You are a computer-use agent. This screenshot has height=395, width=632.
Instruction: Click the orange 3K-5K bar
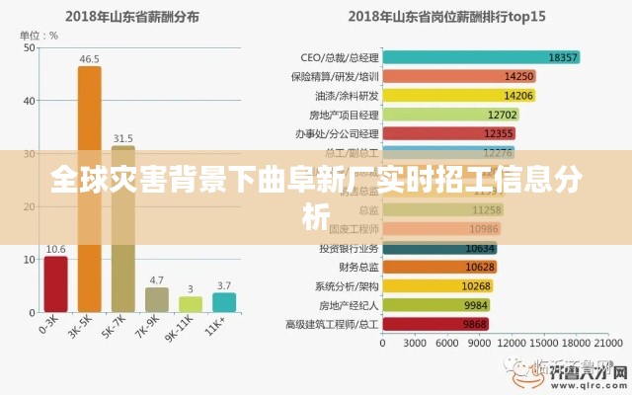tap(89, 188)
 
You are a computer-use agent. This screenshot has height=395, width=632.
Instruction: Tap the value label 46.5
tap(89, 59)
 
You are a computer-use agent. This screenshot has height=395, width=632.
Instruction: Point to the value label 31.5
tap(123, 138)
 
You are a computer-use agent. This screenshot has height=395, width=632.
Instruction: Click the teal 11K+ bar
tap(224, 301)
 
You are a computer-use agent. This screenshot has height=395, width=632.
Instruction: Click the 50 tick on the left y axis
tap(30, 46)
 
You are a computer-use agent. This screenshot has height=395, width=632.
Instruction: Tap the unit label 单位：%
tap(39, 36)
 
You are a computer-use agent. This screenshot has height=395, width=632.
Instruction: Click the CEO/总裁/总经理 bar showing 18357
tap(480, 57)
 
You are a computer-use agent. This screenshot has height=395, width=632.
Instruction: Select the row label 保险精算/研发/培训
tap(335, 76)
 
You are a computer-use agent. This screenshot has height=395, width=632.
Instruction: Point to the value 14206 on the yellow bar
tap(518, 96)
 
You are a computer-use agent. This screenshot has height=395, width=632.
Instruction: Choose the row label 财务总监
tap(357, 267)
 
